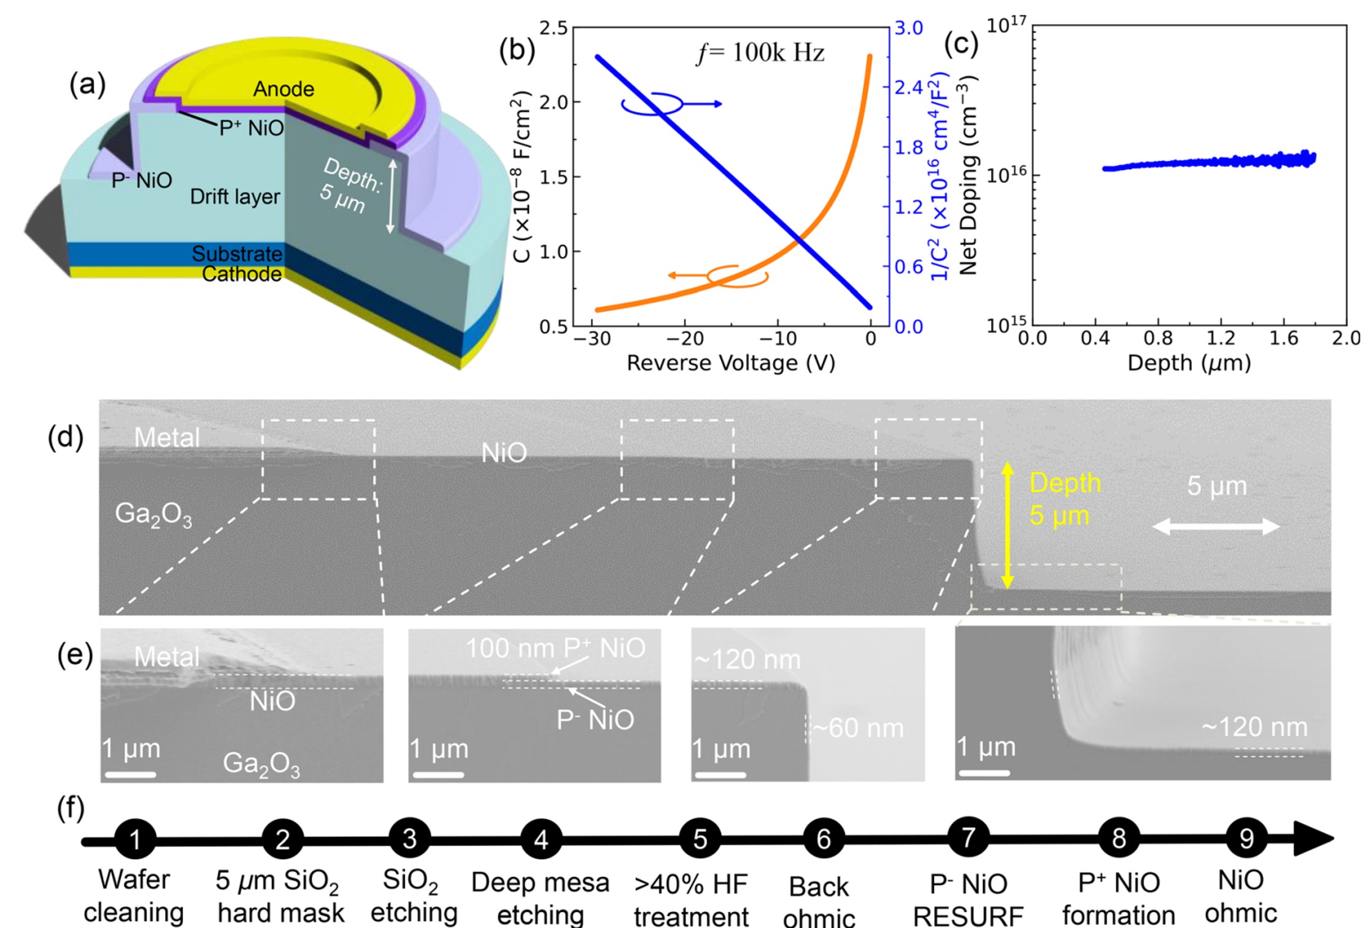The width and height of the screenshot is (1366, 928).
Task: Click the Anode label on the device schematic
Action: [x=284, y=90]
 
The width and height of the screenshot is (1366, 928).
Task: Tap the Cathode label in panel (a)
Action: [x=242, y=274]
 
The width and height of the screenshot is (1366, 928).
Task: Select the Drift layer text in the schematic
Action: [x=234, y=197]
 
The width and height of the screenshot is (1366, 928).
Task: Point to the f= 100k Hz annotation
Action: [x=760, y=53]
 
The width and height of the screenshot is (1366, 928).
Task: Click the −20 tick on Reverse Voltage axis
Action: [x=685, y=339]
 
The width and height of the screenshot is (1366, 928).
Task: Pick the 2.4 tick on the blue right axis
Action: [x=908, y=88]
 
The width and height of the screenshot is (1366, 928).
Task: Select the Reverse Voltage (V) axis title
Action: [x=730, y=363]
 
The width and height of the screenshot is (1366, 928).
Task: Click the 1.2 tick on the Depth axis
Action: [x=1221, y=338]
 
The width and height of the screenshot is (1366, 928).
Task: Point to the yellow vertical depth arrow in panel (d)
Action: [x=1007, y=525]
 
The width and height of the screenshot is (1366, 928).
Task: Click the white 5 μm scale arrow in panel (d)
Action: [x=1216, y=527]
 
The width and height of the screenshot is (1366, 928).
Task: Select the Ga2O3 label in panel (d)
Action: [x=153, y=514]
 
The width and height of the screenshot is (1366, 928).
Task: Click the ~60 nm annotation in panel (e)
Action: [x=858, y=729]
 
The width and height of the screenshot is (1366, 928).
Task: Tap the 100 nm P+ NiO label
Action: [x=555, y=648]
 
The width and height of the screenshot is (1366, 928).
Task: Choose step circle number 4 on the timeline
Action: [x=541, y=839]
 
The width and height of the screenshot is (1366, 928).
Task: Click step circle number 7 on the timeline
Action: [x=968, y=838]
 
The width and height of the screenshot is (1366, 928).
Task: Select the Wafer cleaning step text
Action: [x=134, y=895]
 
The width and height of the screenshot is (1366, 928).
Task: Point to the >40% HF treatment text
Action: [x=691, y=900]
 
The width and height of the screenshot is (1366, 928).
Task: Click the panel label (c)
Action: [x=960, y=44]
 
